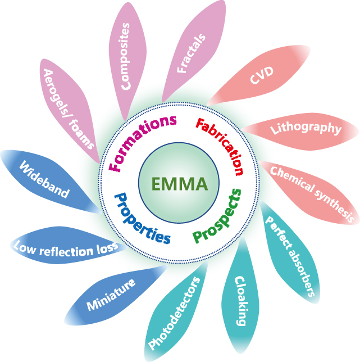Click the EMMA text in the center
pyautogui.click(x=179, y=184)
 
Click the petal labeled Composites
pyautogui.click(x=128, y=56)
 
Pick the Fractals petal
pyautogui.click(x=192, y=53)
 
